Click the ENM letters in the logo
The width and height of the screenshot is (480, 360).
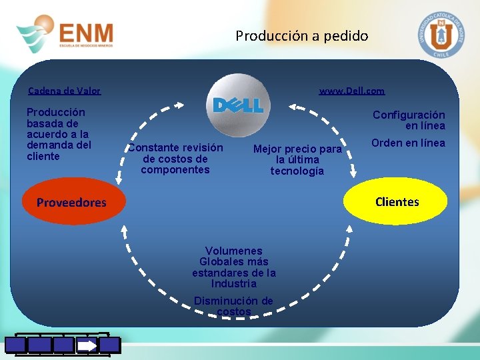[86, 33]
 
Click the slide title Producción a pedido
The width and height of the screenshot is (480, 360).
[301, 36]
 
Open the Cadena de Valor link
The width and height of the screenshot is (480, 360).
[64, 91]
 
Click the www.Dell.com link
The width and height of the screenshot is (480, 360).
[351, 91]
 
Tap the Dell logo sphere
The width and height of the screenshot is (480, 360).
[238, 105]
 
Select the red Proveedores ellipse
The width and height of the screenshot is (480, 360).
[71, 202]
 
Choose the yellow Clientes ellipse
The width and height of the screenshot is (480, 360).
[397, 201]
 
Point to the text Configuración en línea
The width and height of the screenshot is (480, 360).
[409, 120]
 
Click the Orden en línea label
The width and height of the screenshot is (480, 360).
[408, 143]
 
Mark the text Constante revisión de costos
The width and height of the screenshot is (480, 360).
[175, 159]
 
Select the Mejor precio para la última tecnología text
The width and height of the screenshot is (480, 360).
[297, 160]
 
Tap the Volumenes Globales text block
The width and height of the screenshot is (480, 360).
[234, 267]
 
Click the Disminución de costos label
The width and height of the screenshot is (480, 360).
[233, 306]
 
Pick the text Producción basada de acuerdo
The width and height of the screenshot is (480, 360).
[59, 134]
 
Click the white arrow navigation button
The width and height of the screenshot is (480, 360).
[87, 345]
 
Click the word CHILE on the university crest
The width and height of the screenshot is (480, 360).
[441, 55]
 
